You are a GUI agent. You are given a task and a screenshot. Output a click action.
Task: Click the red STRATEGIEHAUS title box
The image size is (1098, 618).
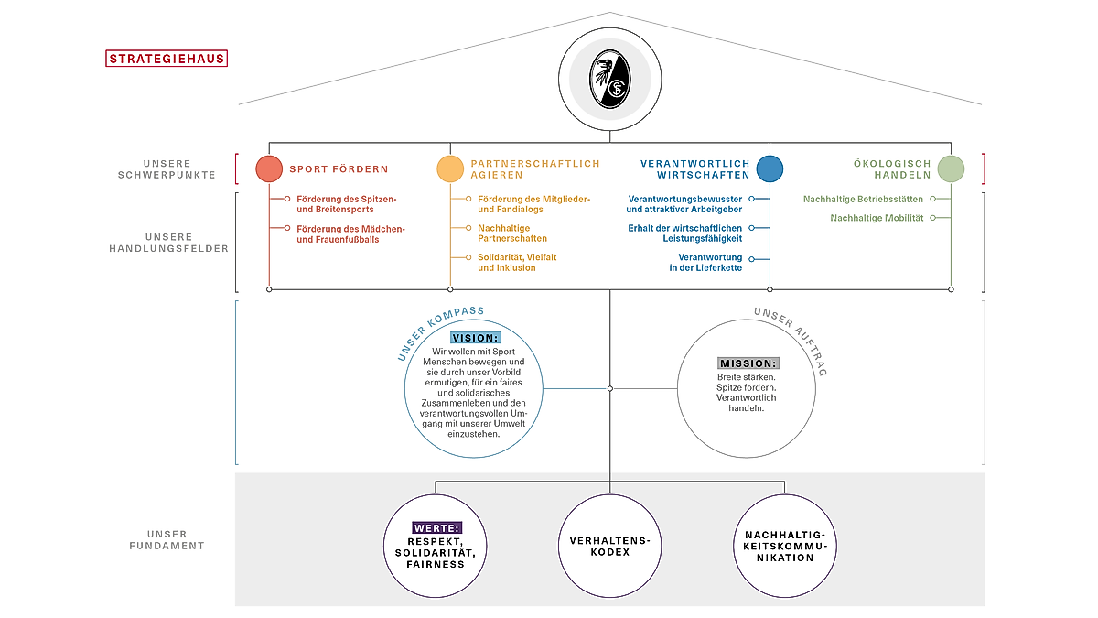tap(167, 59)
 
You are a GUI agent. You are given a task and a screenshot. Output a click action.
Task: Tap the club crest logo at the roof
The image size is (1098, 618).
tap(609, 79)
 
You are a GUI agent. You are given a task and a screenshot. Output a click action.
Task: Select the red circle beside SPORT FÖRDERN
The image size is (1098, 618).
tap(269, 168)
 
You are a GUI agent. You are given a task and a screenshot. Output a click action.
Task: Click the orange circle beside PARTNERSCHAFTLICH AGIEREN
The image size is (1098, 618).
tap(450, 168)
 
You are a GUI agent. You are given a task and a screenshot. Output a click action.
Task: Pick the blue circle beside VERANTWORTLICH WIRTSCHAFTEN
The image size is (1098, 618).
tap(770, 168)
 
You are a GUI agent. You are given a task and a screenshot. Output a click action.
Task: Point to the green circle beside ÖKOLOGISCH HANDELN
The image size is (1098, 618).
tap(951, 168)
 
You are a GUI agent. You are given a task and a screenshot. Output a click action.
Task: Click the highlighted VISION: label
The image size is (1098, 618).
tap(476, 338)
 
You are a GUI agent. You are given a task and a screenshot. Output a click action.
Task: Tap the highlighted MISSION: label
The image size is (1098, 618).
tap(748, 363)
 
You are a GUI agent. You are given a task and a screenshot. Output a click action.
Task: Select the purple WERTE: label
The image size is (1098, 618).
tap(437, 527)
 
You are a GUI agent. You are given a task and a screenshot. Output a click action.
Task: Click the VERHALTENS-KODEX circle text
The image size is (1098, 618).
tap(609, 547)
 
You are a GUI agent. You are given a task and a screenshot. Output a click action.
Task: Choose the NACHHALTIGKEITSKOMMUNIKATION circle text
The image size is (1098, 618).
tap(785, 547)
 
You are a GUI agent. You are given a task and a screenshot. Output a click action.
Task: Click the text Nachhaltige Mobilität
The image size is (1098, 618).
tap(877, 218)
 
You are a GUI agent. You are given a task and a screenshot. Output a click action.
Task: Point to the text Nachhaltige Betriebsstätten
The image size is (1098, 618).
tap(863, 200)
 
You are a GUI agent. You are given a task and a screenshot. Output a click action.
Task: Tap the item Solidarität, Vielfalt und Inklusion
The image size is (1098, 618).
tap(517, 263)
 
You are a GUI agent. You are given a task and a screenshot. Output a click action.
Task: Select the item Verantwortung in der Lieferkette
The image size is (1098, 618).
tap(705, 263)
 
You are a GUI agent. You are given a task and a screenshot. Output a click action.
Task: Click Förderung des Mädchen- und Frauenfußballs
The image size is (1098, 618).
tap(350, 234)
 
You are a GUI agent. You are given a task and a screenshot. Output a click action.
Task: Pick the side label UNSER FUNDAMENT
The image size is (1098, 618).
tap(167, 539)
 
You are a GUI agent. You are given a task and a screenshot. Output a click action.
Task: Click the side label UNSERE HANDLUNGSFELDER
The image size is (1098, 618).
tap(168, 243)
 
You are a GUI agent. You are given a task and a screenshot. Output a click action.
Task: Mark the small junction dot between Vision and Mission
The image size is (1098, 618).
tap(609, 388)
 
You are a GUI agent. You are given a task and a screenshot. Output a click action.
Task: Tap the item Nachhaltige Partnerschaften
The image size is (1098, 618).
tap(512, 233)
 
